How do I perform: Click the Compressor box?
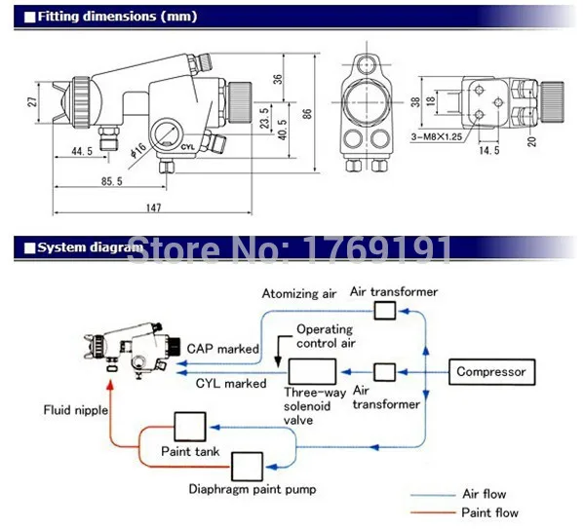click(x=491, y=372)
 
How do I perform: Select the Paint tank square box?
click(x=190, y=427)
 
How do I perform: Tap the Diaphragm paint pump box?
click(x=247, y=467)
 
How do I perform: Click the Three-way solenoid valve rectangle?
click(x=312, y=371)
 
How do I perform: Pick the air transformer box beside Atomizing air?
click(x=385, y=311)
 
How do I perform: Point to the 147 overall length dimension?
click(x=154, y=208)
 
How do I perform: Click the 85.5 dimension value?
click(x=111, y=181)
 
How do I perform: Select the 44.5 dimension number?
click(x=82, y=151)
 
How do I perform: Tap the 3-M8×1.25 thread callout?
click(x=437, y=136)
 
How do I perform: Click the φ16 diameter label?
click(x=138, y=150)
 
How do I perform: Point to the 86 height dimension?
click(x=307, y=114)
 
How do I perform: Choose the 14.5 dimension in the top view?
click(x=489, y=150)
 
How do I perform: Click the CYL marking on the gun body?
click(x=187, y=147)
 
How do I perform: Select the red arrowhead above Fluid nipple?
click(x=110, y=385)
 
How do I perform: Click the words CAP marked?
click(x=222, y=349)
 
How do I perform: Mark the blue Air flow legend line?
click(x=433, y=495)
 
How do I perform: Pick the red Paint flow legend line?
click(x=433, y=512)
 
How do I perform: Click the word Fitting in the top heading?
click(x=58, y=17)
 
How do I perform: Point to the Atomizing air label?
click(x=299, y=294)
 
